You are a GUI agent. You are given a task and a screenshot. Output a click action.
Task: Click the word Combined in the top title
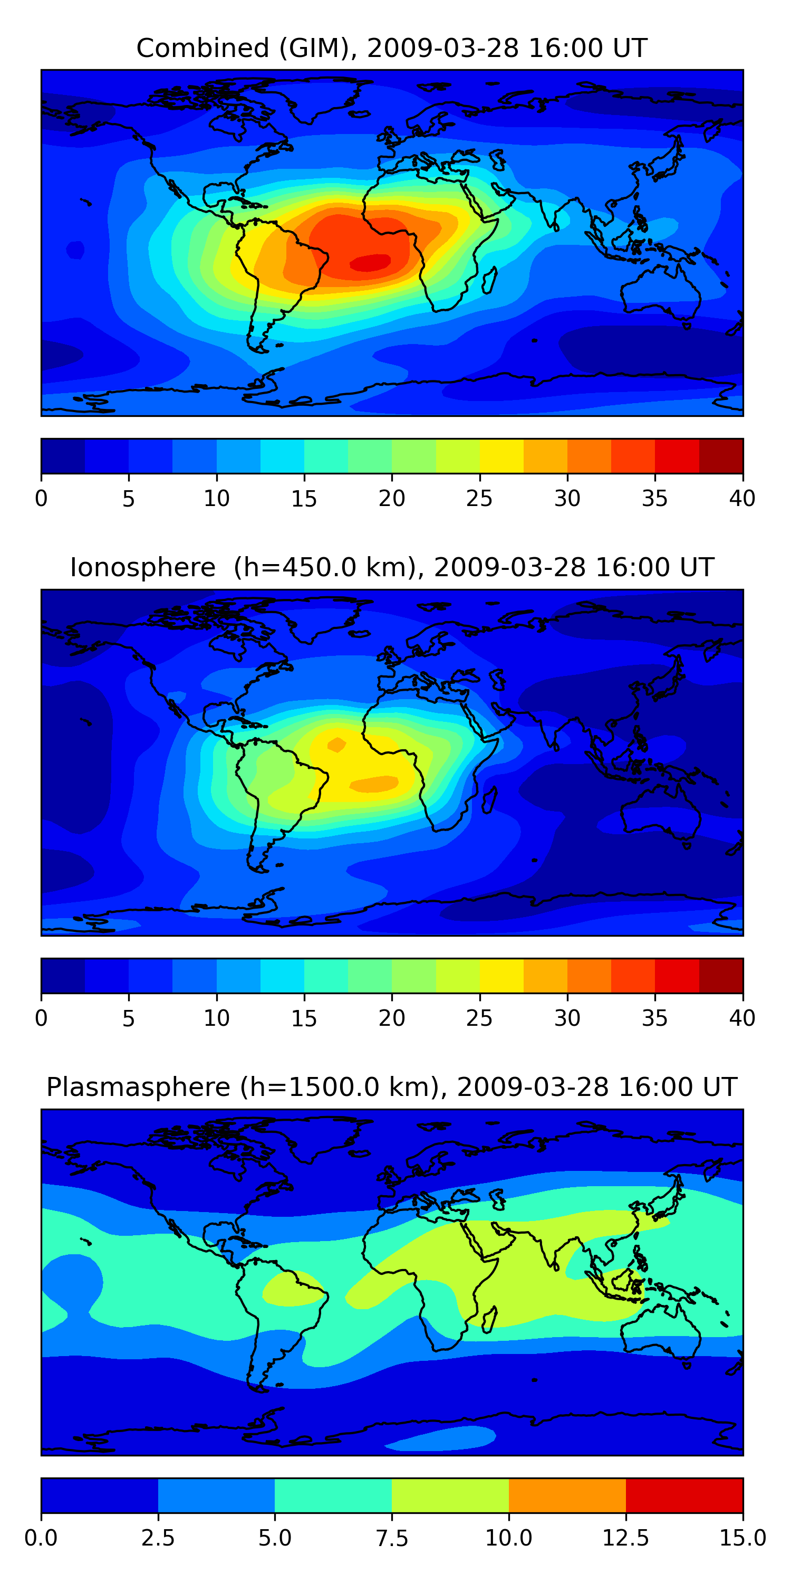tap(202, 48)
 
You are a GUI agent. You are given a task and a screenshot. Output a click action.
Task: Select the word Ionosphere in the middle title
tap(142, 567)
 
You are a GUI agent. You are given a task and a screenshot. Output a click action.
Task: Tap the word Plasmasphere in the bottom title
tap(138, 1087)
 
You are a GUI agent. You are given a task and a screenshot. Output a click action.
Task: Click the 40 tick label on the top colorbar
tap(742, 498)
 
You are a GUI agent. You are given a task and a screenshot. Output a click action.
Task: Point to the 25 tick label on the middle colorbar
tap(479, 1018)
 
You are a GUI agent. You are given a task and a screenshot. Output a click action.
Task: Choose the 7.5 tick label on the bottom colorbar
tap(392, 1538)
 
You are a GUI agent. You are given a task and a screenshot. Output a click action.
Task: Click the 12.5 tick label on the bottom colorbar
tap(625, 1538)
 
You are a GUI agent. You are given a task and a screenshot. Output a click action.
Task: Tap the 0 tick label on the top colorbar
tap(41, 498)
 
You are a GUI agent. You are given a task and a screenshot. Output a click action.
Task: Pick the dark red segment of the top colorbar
tap(721, 456)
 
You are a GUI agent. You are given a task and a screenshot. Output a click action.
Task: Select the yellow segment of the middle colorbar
tap(501, 976)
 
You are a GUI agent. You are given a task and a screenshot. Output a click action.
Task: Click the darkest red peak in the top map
tap(370, 262)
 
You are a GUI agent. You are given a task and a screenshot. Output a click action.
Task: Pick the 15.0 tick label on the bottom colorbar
tap(742, 1538)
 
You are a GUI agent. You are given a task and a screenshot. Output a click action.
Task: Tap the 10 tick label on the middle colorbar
tap(217, 1018)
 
